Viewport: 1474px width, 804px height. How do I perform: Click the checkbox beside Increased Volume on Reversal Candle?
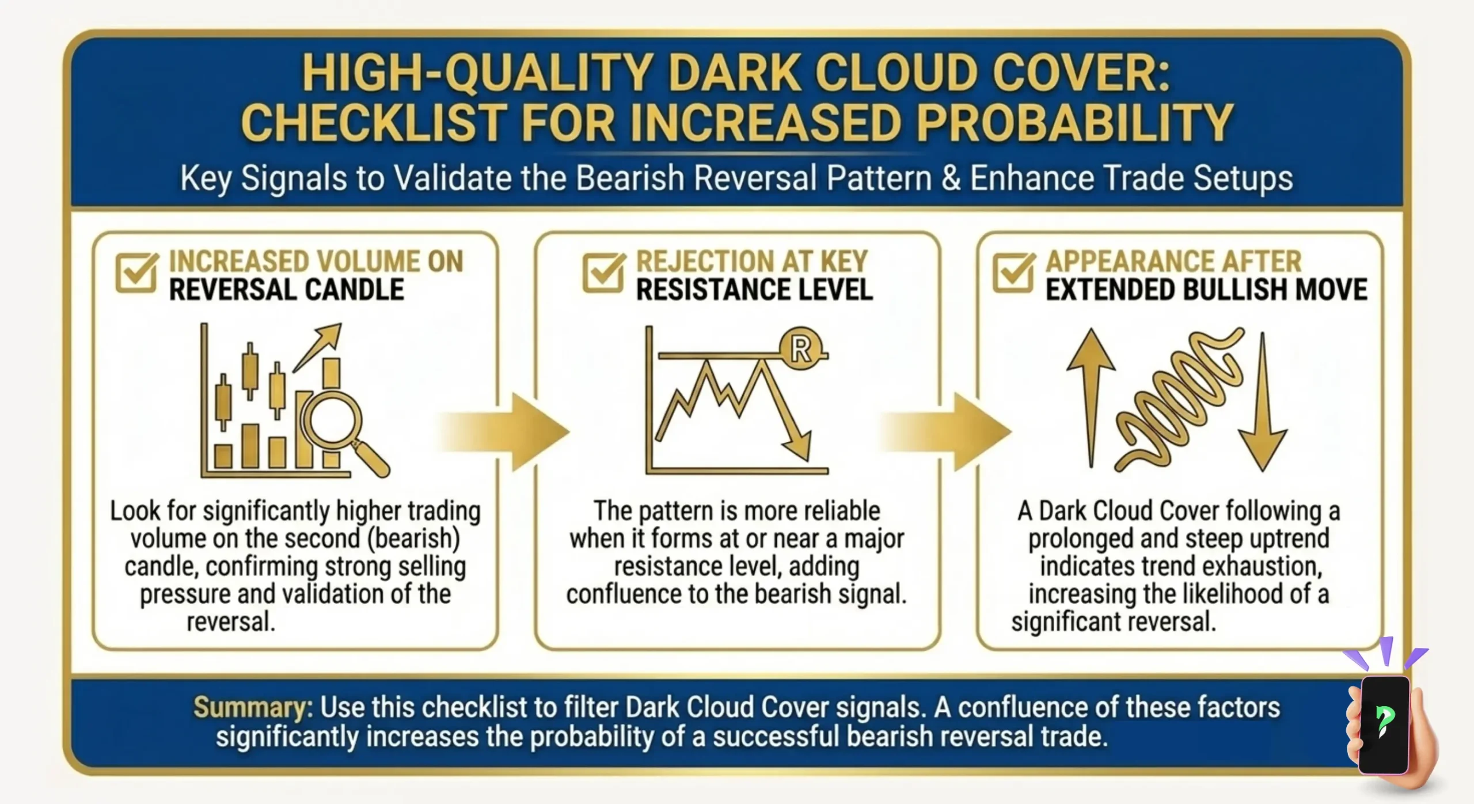click(136, 272)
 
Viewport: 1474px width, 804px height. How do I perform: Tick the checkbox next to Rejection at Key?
click(603, 272)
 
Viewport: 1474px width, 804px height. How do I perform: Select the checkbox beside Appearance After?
click(1013, 272)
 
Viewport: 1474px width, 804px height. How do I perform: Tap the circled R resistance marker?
click(801, 348)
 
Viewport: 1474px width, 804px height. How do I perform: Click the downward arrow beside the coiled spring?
click(1263, 403)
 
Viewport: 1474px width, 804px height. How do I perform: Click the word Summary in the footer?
click(252, 707)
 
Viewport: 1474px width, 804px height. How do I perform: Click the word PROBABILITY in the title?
click(1074, 123)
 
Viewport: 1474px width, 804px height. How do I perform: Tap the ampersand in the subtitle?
click(951, 179)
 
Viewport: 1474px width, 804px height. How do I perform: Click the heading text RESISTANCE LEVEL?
click(754, 290)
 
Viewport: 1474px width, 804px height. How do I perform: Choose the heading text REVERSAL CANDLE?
click(286, 290)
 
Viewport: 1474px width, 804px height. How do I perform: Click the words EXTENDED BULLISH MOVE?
click(1206, 290)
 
